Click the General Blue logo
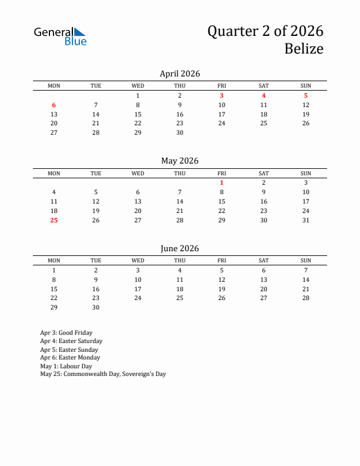(60, 36)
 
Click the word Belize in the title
(304, 49)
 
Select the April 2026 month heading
(179, 74)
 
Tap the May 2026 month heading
(179, 161)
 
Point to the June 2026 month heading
(179, 248)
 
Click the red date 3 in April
(222, 95)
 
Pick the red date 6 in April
(54, 105)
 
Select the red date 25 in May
(54, 220)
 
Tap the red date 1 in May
(222, 182)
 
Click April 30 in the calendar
(180, 132)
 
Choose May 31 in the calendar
(306, 220)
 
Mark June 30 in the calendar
(96, 307)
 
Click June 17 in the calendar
(138, 289)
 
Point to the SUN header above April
(306, 86)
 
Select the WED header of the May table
(138, 173)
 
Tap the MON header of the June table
(54, 261)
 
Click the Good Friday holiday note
(66, 332)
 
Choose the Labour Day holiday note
(66, 365)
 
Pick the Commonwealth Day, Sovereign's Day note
(103, 374)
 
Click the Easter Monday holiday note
(70, 357)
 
